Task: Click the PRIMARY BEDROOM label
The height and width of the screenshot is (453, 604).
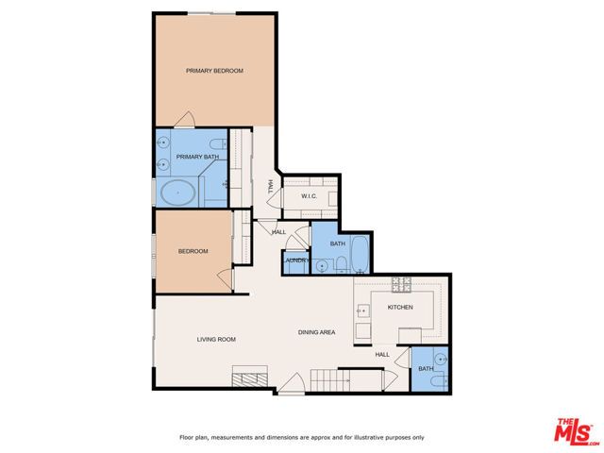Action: click(x=214, y=71)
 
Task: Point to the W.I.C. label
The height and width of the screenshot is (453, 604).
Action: click(x=308, y=196)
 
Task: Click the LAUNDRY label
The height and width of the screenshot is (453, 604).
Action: click(x=295, y=260)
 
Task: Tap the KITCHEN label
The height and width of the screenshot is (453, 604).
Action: click(x=400, y=308)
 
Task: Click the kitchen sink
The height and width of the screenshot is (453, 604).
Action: click(x=362, y=309)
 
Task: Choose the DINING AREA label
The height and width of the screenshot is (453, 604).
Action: click(x=316, y=332)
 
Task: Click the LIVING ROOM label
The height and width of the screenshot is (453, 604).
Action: click(x=215, y=339)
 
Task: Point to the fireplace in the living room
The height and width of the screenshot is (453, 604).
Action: click(x=251, y=379)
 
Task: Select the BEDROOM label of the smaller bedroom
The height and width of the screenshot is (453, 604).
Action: click(x=193, y=251)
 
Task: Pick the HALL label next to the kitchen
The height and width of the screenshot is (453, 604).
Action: click(x=382, y=355)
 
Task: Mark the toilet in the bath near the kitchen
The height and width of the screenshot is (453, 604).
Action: click(x=433, y=380)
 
